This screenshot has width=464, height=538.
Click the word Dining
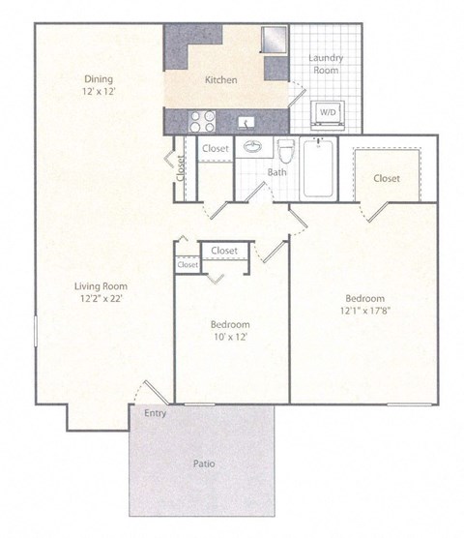[98, 78]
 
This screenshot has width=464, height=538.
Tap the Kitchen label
[221, 80]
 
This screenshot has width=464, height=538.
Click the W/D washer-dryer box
[329, 112]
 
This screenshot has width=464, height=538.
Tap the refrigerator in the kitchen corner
[275, 40]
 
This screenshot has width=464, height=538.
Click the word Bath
[276, 172]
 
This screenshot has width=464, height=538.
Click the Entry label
[154, 413]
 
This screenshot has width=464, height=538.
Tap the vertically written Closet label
[181, 167]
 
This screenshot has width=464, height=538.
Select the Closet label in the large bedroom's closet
[387, 178]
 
